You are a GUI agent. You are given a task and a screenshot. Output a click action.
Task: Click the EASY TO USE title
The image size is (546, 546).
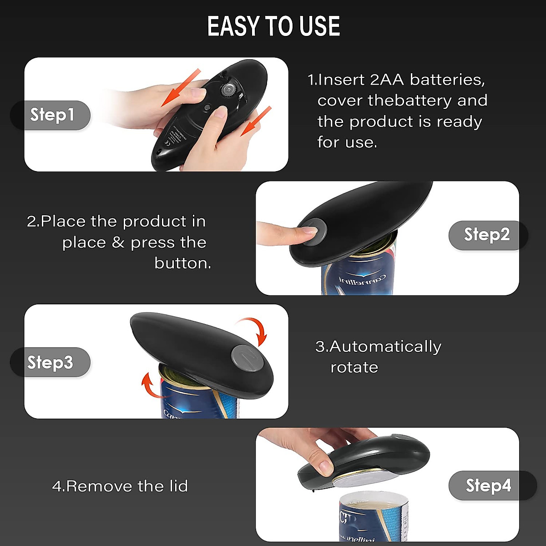[273, 26]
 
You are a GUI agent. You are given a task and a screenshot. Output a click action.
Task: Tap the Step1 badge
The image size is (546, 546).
[51, 115]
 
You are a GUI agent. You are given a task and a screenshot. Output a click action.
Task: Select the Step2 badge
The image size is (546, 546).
[487, 235]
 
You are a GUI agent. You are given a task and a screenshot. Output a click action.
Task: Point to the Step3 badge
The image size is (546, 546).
[50, 362]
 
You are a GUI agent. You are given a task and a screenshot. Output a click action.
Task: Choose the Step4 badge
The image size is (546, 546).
[488, 485]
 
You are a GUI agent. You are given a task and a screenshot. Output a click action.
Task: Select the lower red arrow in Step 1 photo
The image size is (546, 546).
[256, 121]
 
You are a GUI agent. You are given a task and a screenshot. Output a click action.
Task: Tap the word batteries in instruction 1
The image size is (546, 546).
[447, 80]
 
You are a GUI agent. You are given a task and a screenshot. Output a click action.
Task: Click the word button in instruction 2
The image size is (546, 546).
[182, 263]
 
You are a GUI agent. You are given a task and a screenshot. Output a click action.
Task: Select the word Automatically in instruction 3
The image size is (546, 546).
[385, 347]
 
